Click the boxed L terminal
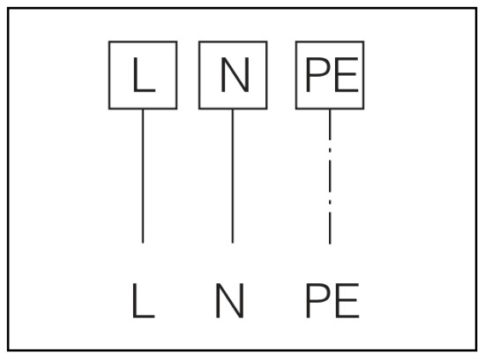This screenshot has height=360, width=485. click(x=143, y=75)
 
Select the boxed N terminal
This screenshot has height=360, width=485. click(x=233, y=75)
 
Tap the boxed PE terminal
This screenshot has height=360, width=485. click(x=330, y=75)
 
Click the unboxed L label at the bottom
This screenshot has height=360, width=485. click(x=143, y=300)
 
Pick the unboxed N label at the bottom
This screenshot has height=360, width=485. click(x=229, y=300)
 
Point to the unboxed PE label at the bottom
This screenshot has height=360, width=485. click(x=332, y=300)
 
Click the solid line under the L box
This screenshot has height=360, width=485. click(x=143, y=176)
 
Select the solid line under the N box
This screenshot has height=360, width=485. click(x=233, y=176)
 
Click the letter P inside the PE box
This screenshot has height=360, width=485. click(x=318, y=75)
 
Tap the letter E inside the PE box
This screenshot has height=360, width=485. click(x=347, y=75)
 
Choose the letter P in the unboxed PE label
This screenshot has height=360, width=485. click(x=318, y=300)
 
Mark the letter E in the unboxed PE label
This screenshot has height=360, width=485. click(x=347, y=300)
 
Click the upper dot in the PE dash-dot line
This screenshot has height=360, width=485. click(x=330, y=150)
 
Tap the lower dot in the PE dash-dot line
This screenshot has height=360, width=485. click(x=330, y=202)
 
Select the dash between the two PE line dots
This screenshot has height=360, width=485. click(x=330, y=176)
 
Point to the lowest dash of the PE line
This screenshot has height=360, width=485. click(x=330, y=229)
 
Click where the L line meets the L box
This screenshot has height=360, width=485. click(x=143, y=109)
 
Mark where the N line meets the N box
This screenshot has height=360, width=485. click(x=233, y=109)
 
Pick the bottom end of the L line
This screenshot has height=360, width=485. click(x=143, y=244)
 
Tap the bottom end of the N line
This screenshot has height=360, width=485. click(x=233, y=244)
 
